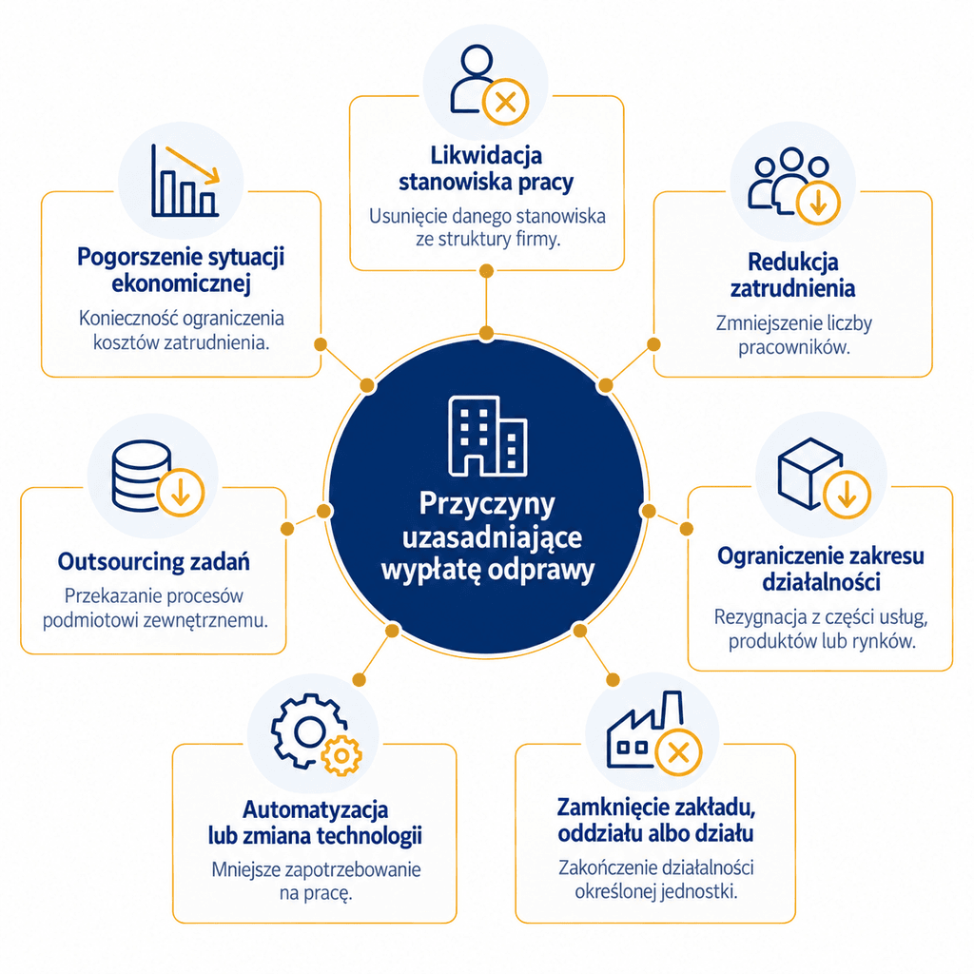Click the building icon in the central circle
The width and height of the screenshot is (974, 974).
[488, 436]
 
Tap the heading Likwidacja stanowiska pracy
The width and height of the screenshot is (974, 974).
[486, 168]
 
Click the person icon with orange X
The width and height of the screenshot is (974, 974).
[489, 85]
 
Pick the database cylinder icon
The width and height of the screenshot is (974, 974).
[141, 476]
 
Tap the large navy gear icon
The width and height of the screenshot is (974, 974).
[307, 730]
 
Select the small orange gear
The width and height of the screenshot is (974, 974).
[341, 755]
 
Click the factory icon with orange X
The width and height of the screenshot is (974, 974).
[653, 732]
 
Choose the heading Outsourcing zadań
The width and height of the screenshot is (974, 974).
[153, 561]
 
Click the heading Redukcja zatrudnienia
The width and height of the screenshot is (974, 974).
[792, 275]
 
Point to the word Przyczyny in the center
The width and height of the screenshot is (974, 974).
[487, 504]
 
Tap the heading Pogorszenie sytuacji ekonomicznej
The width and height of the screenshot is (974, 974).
[181, 269]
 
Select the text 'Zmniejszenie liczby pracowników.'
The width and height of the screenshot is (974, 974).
[794, 335]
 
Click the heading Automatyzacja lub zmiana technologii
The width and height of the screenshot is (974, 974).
[315, 823]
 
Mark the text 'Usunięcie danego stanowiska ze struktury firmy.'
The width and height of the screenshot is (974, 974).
[487, 227]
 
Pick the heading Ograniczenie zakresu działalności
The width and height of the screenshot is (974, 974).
[821, 569]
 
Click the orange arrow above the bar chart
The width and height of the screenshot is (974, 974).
[192, 166]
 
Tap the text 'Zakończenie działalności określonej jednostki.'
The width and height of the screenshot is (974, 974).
[656, 879]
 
